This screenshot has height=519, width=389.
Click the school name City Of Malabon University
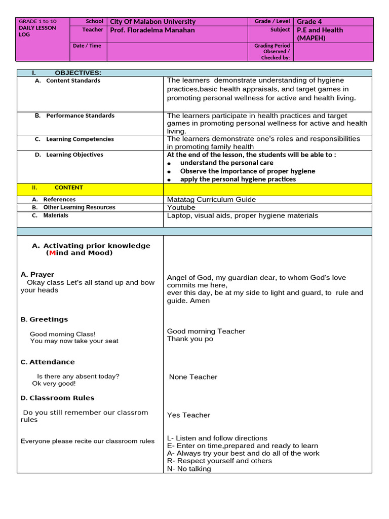[152, 22]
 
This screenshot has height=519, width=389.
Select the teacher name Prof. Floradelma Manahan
[152, 30]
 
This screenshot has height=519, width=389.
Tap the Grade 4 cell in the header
[309, 22]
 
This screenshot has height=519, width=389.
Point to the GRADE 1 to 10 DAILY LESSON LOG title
[37, 28]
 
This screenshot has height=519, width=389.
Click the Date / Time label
[87, 46]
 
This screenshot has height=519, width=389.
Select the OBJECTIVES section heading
[78, 73]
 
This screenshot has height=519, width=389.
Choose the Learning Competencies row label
[80, 139]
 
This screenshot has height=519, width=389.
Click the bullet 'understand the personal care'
[226, 163]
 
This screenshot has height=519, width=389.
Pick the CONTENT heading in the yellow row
[69, 188]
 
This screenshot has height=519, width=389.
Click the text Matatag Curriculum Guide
[211, 200]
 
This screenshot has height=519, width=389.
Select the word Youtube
[181, 208]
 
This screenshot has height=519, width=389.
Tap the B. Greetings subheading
[44, 320]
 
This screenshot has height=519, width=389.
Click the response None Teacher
[193, 377]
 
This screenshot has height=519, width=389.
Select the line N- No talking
[189, 469]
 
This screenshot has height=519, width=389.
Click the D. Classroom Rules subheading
[57, 398]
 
